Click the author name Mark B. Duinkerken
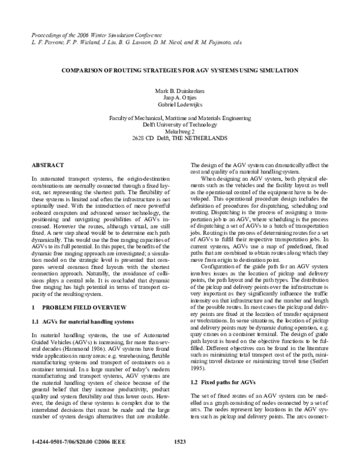click(x=180, y=89)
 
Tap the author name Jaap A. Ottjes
click(x=180, y=96)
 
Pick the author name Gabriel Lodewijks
click(x=180, y=103)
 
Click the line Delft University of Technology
click(x=180, y=126)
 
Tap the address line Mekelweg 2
click(x=180, y=133)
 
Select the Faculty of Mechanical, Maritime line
click(x=180, y=119)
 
